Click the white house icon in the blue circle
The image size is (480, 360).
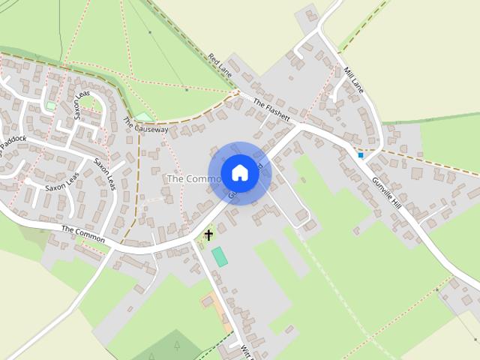(x=239, y=173)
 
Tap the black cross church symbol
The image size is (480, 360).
(x=208, y=235)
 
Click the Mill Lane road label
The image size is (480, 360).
(x=352, y=78)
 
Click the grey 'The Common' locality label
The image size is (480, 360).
(x=193, y=179)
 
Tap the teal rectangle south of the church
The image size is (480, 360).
(x=220, y=256)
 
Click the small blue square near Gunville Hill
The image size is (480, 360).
(x=361, y=155)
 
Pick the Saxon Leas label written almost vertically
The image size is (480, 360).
(x=82, y=106)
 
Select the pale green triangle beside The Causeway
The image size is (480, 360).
(x=144, y=117)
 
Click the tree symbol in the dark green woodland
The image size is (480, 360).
(x=177, y=346)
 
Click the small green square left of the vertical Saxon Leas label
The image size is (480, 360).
(x=50, y=106)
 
